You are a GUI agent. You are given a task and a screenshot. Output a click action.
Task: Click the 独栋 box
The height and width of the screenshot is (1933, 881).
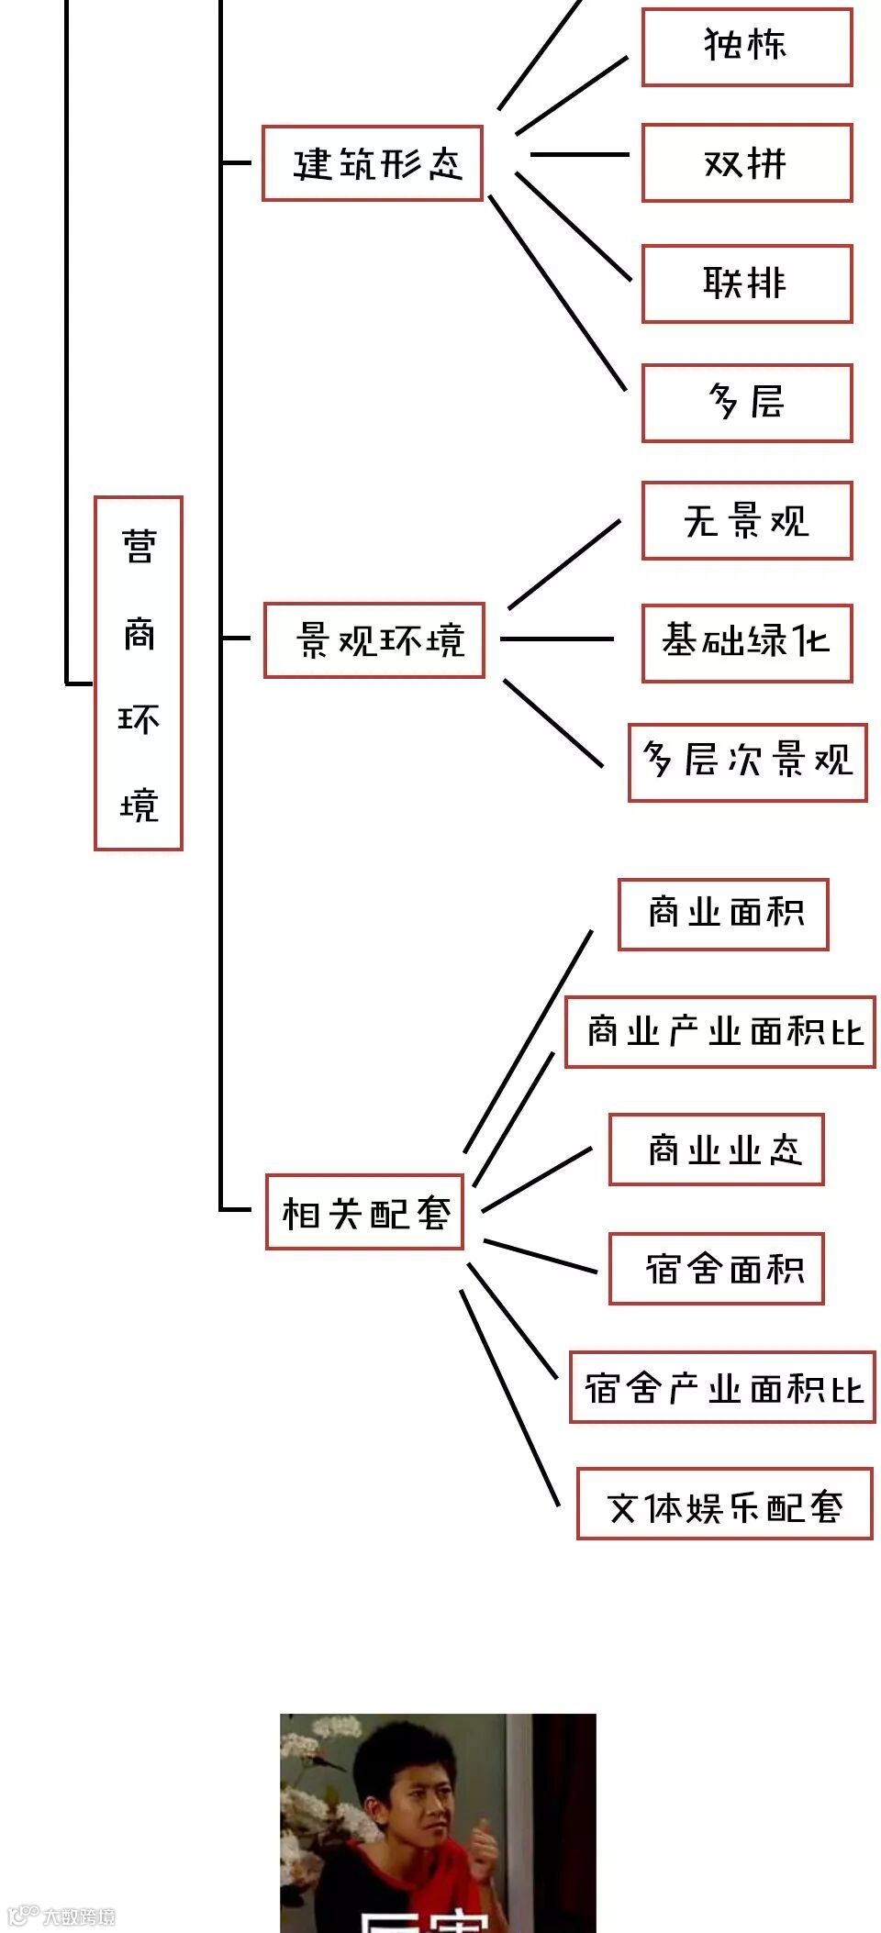[746, 47]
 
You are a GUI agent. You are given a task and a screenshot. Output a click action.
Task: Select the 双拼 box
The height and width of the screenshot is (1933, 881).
[746, 163]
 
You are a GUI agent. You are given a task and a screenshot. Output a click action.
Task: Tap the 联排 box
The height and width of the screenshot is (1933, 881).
[746, 283]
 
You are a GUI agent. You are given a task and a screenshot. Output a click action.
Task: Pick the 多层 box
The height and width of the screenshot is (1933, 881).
[746, 403]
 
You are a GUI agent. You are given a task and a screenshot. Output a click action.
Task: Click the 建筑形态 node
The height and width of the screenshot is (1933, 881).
[373, 163]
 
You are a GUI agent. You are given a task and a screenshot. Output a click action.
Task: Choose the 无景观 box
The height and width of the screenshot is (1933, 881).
[746, 520]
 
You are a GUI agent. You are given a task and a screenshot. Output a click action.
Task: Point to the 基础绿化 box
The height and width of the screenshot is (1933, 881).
[746, 642]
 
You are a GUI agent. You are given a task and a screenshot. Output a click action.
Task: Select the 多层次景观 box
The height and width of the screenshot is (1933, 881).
[747, 761]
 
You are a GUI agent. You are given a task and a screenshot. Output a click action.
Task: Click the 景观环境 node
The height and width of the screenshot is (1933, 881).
[374, 640]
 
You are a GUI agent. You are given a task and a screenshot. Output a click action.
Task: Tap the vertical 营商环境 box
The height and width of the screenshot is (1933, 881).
[139, 673]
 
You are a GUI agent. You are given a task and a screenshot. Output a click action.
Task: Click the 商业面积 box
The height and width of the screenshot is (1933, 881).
[723, 914]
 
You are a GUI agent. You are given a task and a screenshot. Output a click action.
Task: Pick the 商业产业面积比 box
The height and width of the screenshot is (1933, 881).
[719, 1032]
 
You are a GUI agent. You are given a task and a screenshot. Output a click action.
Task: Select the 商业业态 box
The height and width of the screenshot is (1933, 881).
[716, 1150]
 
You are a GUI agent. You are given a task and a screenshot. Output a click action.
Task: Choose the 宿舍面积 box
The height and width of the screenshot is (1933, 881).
[716, 1269]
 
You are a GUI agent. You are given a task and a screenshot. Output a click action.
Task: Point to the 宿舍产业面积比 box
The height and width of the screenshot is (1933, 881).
[721, 1387]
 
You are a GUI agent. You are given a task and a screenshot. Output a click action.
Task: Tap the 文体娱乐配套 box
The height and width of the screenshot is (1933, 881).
[724, 1505]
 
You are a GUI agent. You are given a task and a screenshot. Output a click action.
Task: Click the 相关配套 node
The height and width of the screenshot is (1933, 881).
[364, 1212]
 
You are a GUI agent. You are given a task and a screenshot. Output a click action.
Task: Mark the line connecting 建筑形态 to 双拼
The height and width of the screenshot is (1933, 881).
[580, 154]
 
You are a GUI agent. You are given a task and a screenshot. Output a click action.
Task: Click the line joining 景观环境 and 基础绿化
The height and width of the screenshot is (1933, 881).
[556, 639]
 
